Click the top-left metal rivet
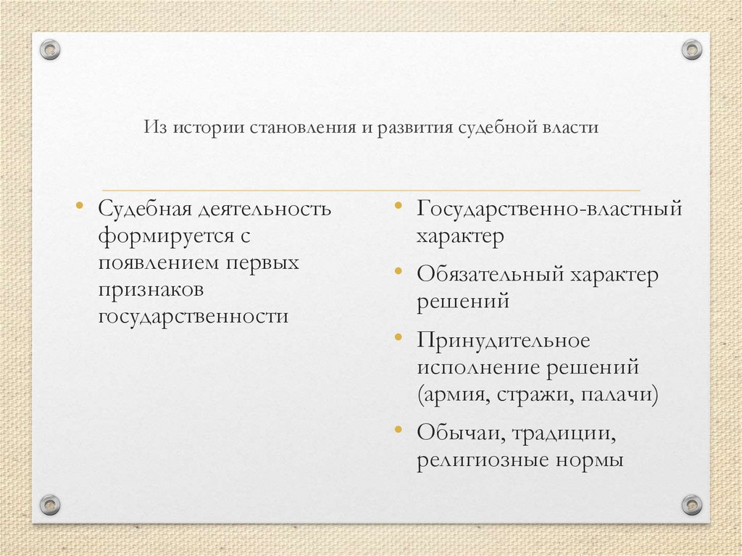[49, 50]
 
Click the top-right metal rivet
[692, 50]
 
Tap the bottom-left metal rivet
[49, 504]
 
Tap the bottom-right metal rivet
[692, 504]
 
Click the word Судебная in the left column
[145, 209]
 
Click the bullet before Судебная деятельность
[80, 206]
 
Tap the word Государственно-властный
[549, 209]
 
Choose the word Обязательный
[490, 275]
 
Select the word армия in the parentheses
[454, 395]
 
